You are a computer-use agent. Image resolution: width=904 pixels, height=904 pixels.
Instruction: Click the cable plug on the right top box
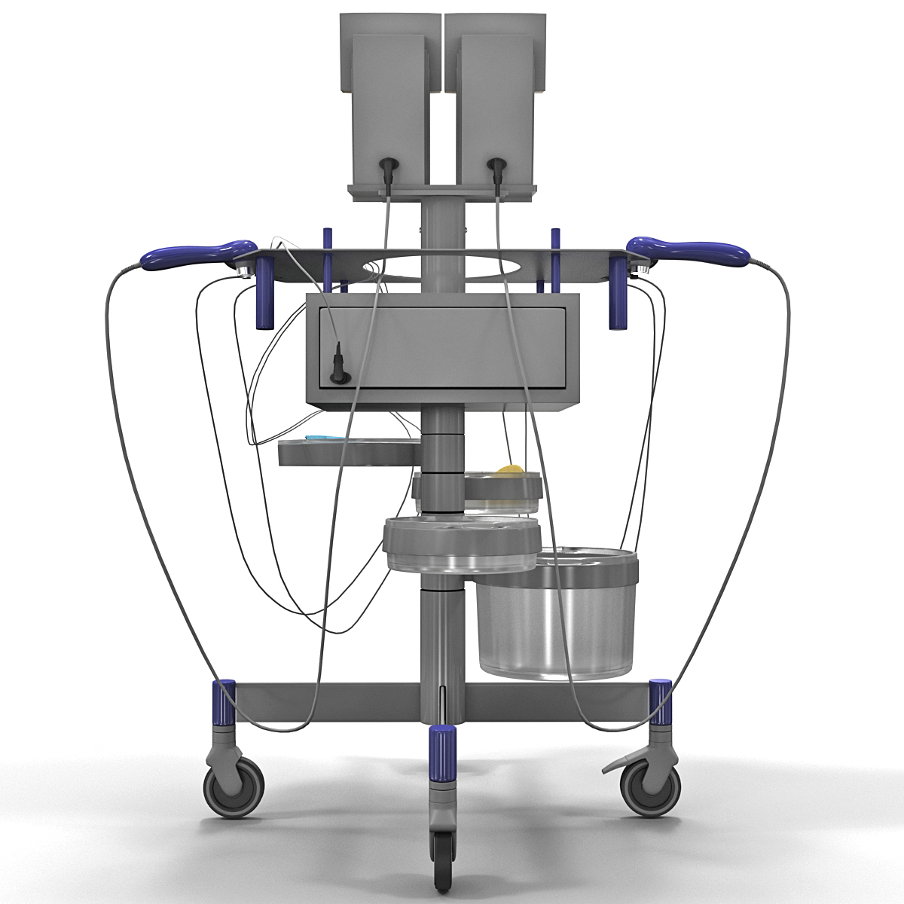(497, 169)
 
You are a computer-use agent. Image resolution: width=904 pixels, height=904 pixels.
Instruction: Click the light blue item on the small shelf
(323, 438)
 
